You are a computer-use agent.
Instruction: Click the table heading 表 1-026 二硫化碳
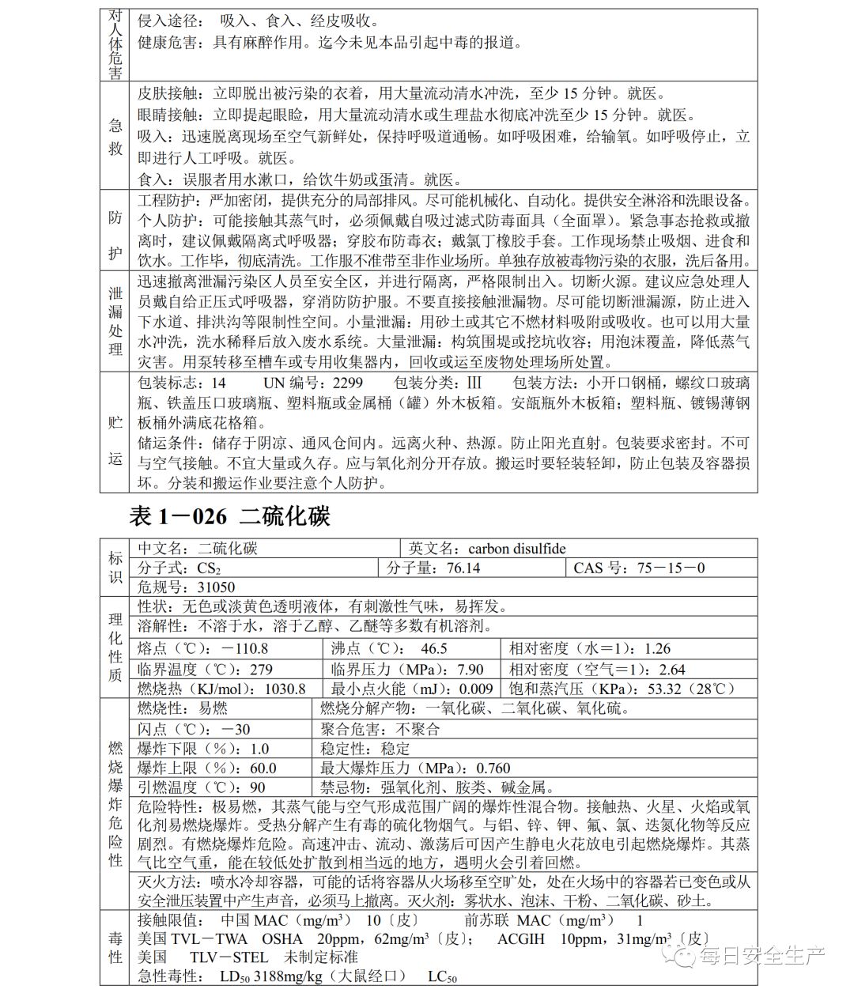[229, 517]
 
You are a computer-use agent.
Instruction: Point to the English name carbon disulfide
[517, 549]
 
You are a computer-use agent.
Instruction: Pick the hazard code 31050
[216, 587]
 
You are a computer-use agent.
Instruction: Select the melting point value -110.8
[245, 649]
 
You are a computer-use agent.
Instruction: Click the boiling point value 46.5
[433, 649]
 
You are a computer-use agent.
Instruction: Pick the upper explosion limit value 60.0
[263, 768]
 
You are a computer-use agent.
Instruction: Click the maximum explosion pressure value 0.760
[493, 768]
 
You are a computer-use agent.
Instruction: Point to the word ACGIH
[522, 939]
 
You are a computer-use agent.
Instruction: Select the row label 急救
[115, 136]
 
